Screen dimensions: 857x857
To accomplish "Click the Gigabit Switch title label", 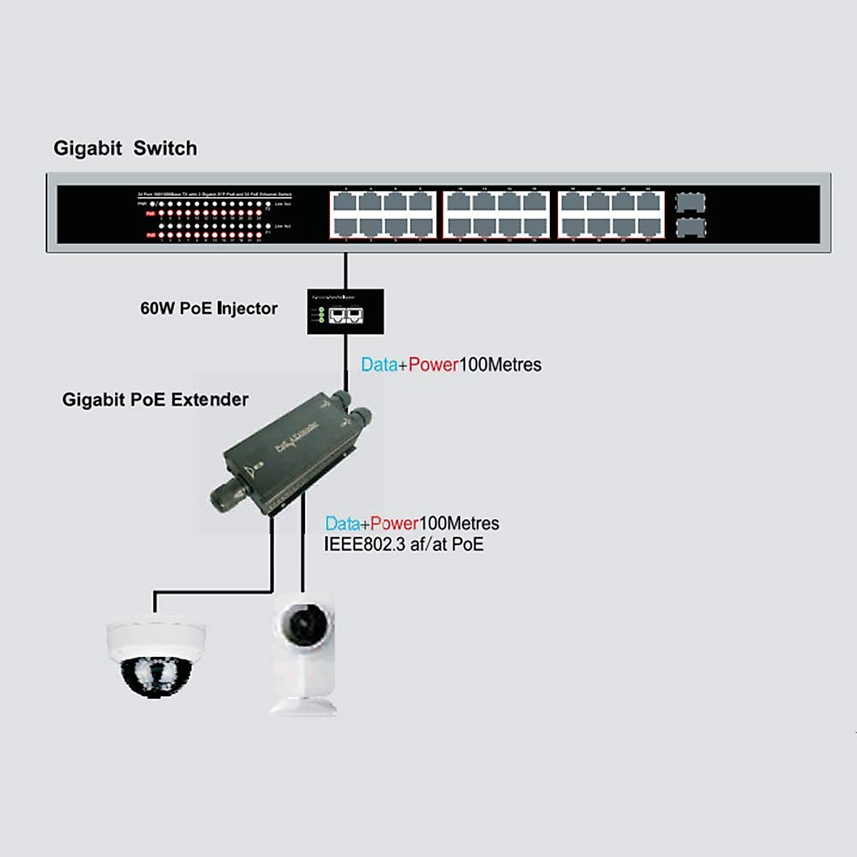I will (125, 149).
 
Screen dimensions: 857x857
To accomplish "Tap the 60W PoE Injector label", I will (209, 309).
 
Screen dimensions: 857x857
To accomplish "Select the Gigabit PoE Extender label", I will (155, 400).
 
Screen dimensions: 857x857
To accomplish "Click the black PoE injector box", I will (346, 311).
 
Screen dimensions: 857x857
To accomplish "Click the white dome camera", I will (156, 657).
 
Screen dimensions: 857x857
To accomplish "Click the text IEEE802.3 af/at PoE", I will (404, 545).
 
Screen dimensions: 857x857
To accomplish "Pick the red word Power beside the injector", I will (433, 365).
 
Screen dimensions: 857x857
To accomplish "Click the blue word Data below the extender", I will (343, 523).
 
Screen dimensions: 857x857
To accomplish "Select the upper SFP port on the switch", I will (690, 203).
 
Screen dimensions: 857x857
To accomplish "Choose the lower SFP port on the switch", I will (690, 229).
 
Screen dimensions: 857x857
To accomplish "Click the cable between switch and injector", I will (346, 271).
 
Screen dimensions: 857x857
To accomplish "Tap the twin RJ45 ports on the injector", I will (346, 314).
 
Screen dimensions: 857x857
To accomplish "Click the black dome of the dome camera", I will (155, 677).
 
